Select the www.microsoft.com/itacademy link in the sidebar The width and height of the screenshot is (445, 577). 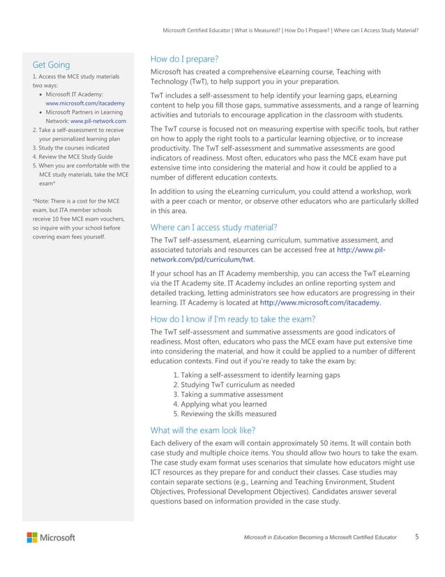pos(85,103)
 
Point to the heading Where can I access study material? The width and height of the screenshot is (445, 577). pos(214,226)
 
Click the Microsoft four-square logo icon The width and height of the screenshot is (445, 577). pos(33,537)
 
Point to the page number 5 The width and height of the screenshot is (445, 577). pos(416,536)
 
